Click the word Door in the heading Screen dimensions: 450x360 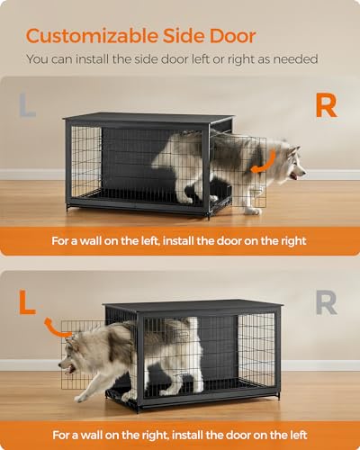[232, 36]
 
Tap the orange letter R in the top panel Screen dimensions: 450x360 [326, 105]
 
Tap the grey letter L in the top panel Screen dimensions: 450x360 [28, 105]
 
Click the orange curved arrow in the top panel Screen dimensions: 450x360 [264, 162]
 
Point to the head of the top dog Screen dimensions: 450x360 [288, 162]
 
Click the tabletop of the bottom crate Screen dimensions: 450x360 [193, 306]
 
